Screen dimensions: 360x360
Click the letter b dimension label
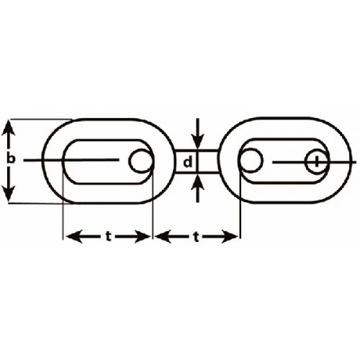(x=11, y=159)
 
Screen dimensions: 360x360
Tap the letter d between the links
(x=188, y=162)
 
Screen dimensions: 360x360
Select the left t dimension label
(x=109, y=237)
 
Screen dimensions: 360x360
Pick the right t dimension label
(x=197, y=237)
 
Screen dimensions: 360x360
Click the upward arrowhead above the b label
(x=9, y=128)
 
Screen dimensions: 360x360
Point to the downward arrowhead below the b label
(x=9, y=194)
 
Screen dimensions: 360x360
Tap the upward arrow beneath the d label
(x=197, y=189)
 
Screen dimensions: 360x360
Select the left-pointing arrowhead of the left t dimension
(x=74, y=237)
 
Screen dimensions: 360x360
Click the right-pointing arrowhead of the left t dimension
(x=143, y=237)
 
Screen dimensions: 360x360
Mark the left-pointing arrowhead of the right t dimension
(x=163, y=237)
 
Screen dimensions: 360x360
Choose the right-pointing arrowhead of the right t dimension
(x=230, y=237)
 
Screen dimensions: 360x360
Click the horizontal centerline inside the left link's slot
(x=71, y=160)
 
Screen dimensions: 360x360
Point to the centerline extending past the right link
(x=315, y=163)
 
